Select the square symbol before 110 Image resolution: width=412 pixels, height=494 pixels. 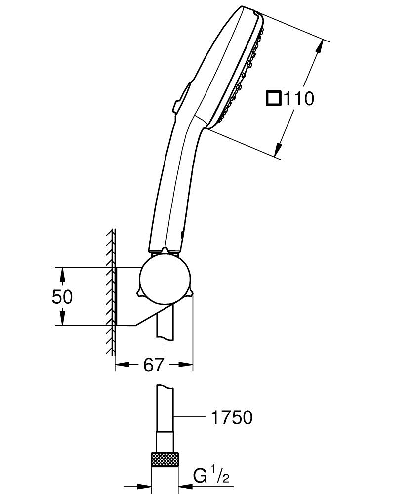click(x=273, y=98)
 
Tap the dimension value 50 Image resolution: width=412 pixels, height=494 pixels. click(x=62, y=296)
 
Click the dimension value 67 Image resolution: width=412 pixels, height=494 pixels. click(x=153, y=365)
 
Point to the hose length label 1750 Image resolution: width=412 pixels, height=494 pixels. click(x=231, y=418)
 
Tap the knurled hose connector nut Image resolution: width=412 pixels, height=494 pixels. click(x=165, y=459)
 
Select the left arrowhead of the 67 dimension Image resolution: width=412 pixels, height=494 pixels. click(x=121, y=365)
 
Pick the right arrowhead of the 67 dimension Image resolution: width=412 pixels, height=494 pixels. click(x=187, y=365)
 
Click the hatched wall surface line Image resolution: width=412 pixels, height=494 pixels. click(x=113, y=291)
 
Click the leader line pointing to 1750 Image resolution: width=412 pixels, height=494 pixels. click(x=190, y=418)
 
